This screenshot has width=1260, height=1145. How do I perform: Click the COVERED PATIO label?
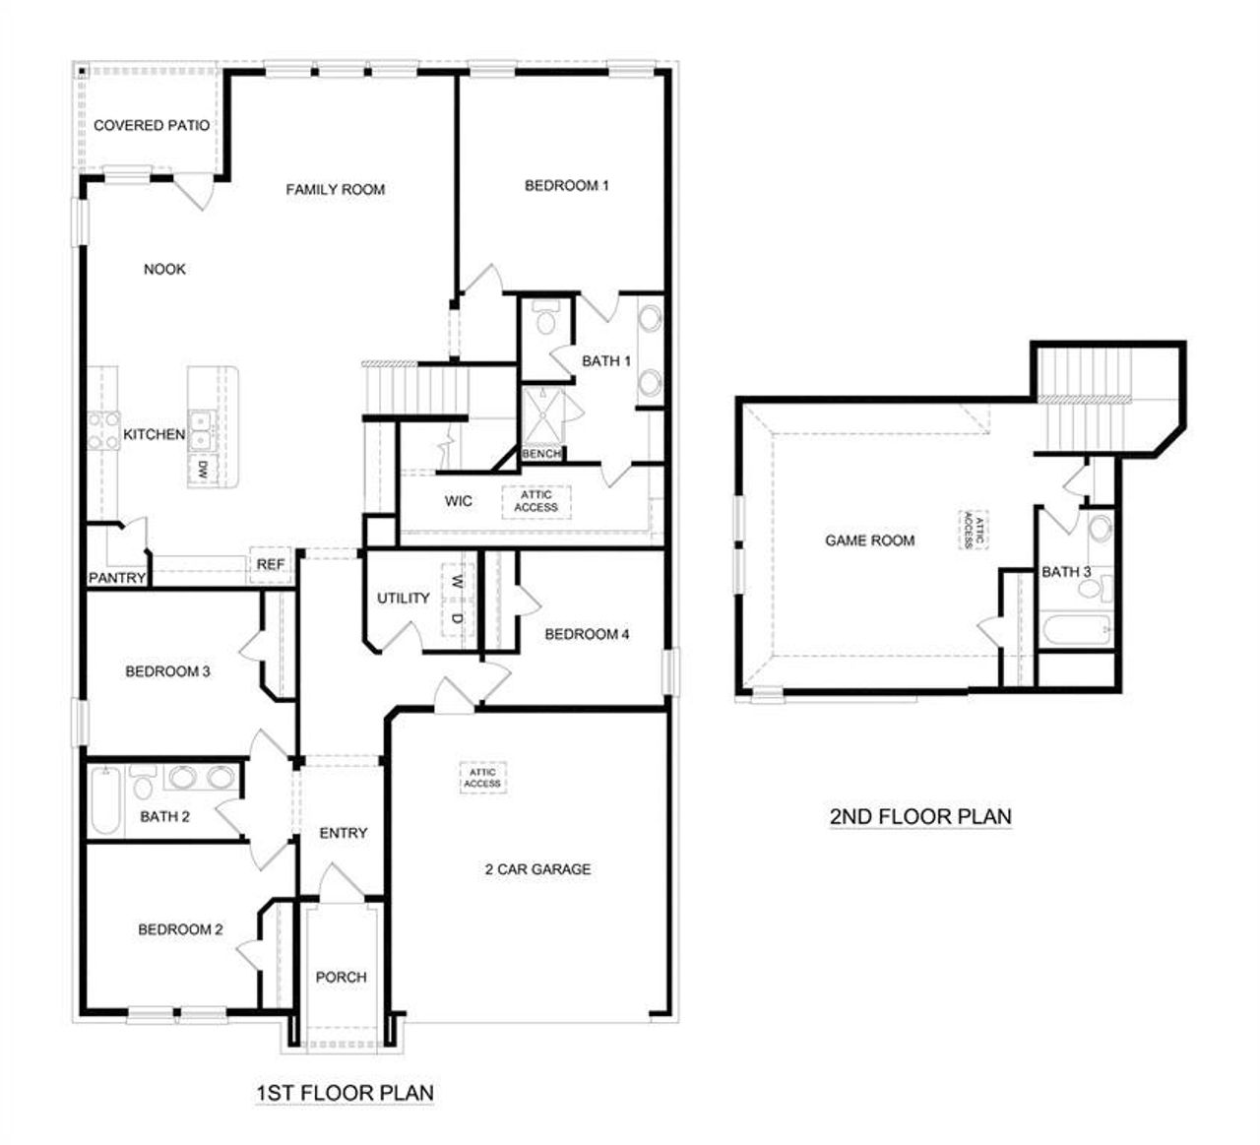(x=151, y=125)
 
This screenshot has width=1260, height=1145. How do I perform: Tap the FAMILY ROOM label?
(x=335, y=189)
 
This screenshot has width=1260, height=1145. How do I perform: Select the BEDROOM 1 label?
(x=566, y=185)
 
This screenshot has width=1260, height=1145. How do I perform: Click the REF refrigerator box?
(x=270, y=564)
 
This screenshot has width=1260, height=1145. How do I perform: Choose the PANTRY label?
(x=117, y=578)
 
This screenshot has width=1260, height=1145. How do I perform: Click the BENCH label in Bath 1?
(x=540, y=454)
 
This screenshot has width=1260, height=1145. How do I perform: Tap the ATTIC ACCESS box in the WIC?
(x=535, y=501)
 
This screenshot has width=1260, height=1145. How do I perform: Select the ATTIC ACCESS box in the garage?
(x=482, y=778)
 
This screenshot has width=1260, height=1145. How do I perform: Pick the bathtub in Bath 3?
(x=1076, y=630)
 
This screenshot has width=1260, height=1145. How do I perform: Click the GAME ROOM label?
(x=869, y=541)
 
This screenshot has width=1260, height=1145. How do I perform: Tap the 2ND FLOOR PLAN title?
(x=920, y=816)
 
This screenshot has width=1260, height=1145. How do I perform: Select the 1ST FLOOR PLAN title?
(x=345, y=1092)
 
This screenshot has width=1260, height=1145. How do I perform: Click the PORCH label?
(x=341, y=977)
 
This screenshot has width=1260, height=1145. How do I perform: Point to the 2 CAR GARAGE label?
(x=537, y=869)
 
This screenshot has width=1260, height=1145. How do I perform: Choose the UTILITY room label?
(x=404, y=598)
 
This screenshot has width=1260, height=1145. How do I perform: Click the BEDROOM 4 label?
(x=587, y=634)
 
